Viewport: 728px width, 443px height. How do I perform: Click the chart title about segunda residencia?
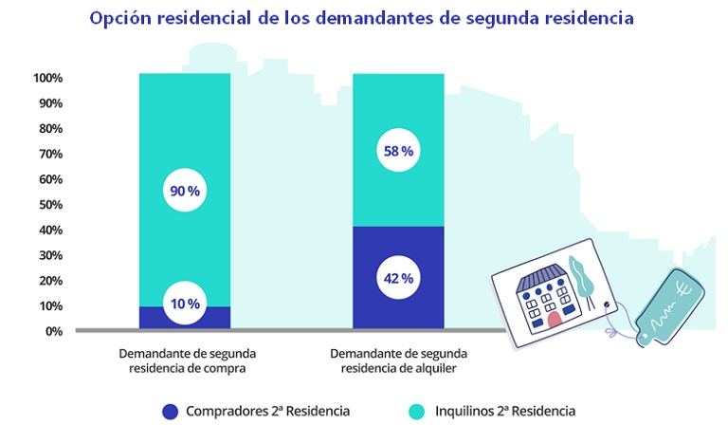363,18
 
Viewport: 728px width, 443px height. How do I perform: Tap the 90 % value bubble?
185,191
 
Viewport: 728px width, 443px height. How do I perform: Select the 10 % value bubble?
185,304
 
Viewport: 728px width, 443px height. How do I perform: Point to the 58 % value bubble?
398,151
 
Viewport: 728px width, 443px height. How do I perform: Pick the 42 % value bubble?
398,278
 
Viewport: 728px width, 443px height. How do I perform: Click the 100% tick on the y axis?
47,78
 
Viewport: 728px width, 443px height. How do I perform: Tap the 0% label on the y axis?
52,331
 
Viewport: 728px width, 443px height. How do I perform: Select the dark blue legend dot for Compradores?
170,412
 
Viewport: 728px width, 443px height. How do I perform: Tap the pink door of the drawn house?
555,318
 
